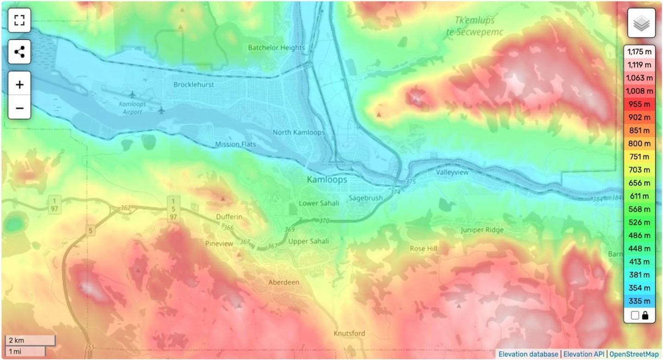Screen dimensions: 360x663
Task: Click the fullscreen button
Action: click(x=19, y=20)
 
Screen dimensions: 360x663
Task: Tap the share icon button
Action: click(x=19, y=52)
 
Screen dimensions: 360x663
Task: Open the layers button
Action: click(x=641, y=23)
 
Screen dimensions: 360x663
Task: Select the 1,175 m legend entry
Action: click(x=639, y=52)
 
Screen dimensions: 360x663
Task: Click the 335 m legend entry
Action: click(x=639, y=301)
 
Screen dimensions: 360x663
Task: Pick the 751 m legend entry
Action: click(x=639, y=157)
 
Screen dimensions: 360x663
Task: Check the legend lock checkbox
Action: click(x=635, y=315)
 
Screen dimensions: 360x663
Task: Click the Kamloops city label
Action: click(x=327, y=180)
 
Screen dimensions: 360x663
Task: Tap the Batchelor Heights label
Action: click(x=276, y=48)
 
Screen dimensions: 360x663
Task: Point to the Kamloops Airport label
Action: click(x=132, y=108)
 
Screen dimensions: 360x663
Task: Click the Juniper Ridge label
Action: click(x=482, y=230)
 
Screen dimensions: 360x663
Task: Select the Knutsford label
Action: click(x=349, y=333)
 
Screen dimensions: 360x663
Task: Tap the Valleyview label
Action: click(x=452, y=173)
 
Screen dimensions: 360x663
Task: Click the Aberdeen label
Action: click(x=284, y=282)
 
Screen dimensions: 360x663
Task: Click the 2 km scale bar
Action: click(x=30, y=341)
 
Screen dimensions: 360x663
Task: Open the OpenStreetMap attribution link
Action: click(x=634, y=354)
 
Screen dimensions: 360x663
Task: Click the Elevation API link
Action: click(x=584, y=354)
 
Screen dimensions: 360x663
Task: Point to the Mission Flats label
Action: click(x=236, y=145)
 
